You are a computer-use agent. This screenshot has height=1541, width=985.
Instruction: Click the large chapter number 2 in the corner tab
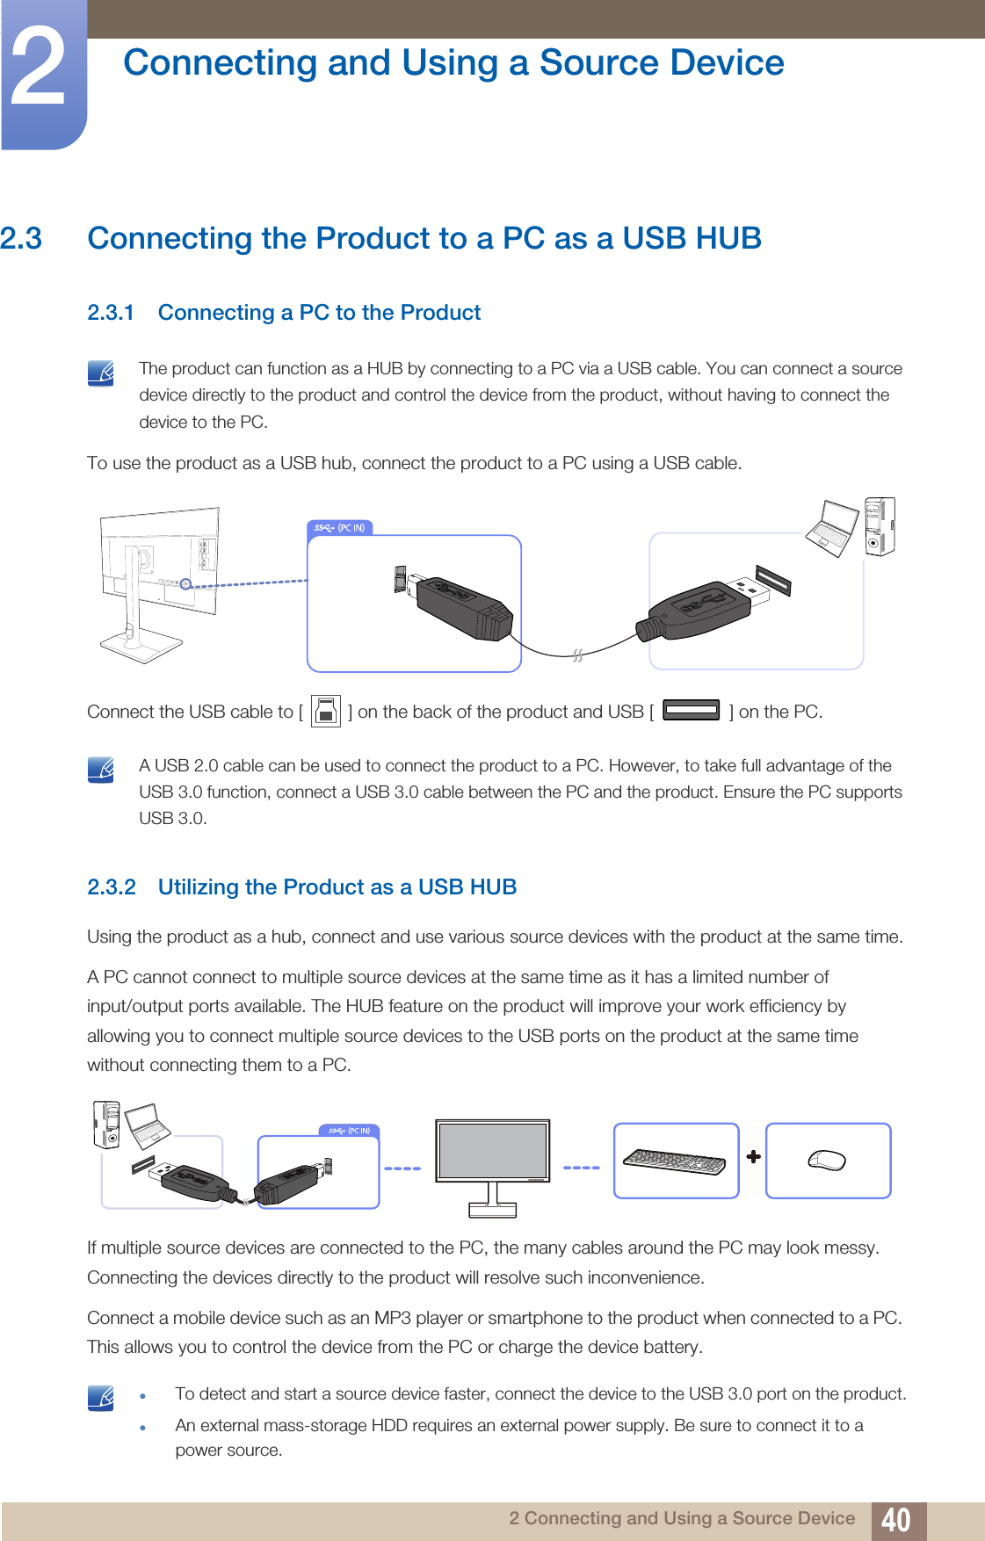pos(40,69)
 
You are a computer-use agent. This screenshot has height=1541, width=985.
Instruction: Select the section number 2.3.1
pos(111,313)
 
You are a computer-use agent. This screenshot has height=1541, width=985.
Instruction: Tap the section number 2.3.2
pos(112,887)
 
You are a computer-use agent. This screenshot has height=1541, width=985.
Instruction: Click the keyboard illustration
pos(675,1161)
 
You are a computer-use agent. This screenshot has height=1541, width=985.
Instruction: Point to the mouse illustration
pos(827,1161)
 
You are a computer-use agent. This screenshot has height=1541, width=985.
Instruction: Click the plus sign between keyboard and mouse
pos(753,1157)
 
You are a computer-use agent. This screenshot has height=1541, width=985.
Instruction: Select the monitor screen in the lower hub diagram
pos(493,1150)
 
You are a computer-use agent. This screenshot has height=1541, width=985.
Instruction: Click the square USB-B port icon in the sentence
pos(325,711)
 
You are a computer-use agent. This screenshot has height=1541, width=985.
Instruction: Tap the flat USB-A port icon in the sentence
pos(692,710)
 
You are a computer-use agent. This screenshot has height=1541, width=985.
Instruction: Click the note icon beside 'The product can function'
pos(101,373)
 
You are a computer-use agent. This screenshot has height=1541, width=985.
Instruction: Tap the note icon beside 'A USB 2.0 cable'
pos(101,770)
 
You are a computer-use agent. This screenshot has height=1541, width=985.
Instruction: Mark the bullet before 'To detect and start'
pos(142,1396)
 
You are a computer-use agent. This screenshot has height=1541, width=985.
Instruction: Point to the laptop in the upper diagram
pos(830,527)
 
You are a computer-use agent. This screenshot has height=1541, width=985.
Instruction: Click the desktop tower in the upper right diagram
pos(879,526)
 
